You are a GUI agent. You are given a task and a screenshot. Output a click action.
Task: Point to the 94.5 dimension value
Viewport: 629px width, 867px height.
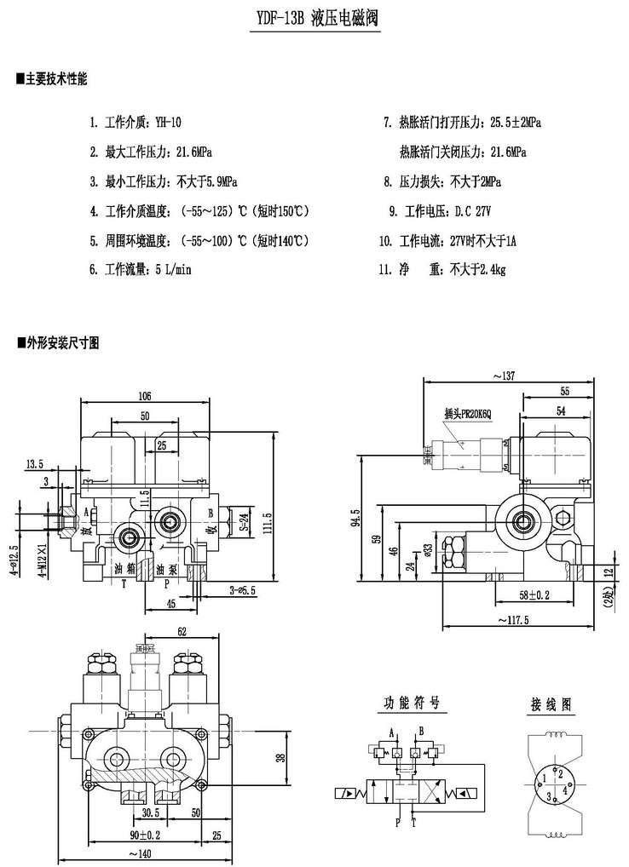coord(355,519)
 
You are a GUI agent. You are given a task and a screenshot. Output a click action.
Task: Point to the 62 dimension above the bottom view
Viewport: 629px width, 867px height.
coord(181,631)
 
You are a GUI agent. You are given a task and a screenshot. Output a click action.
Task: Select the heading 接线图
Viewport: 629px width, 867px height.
coord(551,704)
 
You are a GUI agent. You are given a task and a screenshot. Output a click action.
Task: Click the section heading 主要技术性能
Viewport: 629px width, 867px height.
coord(56,79)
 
